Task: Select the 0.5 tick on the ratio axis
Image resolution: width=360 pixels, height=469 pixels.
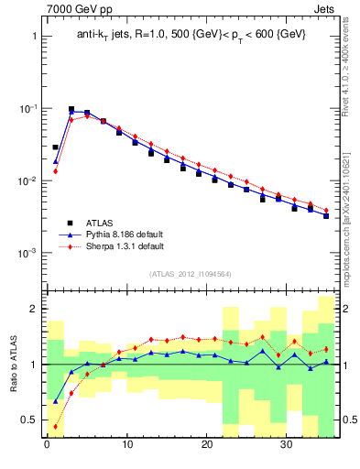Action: click(27, 420)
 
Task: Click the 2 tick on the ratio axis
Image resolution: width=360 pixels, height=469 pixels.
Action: click(30, 309)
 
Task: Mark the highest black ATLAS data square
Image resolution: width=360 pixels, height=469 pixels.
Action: click(71, 109)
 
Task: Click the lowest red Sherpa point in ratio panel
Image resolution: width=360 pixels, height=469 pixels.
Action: click(55, 426)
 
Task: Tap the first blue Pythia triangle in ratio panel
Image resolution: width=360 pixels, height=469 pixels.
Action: click(55, 400)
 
